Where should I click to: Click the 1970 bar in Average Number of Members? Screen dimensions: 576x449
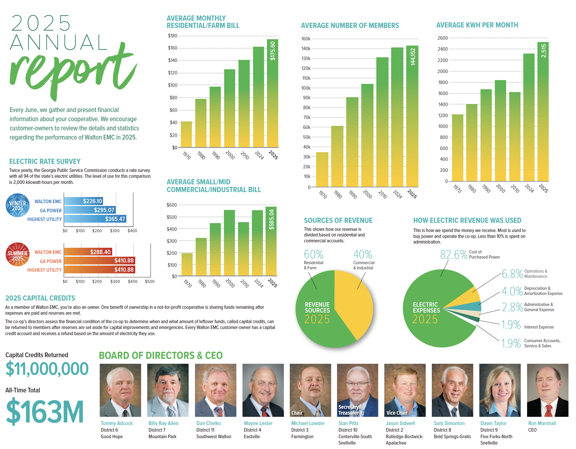[322, 170]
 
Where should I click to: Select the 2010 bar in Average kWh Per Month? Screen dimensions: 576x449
[515, 137]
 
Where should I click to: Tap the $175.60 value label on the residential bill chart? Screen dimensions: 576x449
[273, 51]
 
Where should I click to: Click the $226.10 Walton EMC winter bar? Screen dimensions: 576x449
[83, 201]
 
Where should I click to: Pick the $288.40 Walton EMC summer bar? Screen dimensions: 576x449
[88, 252]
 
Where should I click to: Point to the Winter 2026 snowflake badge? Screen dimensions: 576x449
[18, 205]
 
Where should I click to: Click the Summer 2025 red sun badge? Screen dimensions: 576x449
[18, 254]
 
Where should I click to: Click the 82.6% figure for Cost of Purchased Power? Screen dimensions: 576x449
[453, 254]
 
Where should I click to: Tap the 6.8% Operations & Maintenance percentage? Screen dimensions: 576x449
[512, 274]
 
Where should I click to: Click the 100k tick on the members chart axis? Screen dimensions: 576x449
[306, 88]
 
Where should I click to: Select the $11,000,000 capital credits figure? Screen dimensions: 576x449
[47, 369]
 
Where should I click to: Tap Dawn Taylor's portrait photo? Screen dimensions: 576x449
[500, 390]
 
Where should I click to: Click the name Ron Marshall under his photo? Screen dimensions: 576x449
[542, 423]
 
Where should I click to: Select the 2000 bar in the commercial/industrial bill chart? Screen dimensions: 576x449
[229, 243]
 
